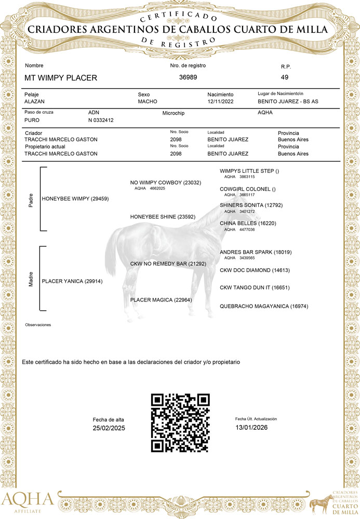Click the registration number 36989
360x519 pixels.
click(x=188, y=77)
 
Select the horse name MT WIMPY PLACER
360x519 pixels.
click(x=61, y=78)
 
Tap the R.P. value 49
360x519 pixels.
click(x=284, y=77)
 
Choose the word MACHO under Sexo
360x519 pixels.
click(x=148, y=102)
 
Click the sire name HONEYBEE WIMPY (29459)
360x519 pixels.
click(x=75, y=199)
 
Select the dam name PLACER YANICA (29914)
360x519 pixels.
click(x=72, y=281)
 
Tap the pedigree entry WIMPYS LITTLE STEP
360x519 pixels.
click(x=249, y=171)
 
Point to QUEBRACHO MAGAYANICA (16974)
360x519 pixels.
click(x=264, y=306)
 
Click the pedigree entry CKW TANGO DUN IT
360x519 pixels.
click(x=255, y=287)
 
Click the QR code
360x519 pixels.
click(x=180, y=422)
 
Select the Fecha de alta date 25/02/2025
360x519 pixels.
click(x=109, y=428)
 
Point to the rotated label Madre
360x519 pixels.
click(x=31, y=281)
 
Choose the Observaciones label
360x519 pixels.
click(x=38, y=325)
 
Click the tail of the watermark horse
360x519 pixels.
click(x=110, y=254)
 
